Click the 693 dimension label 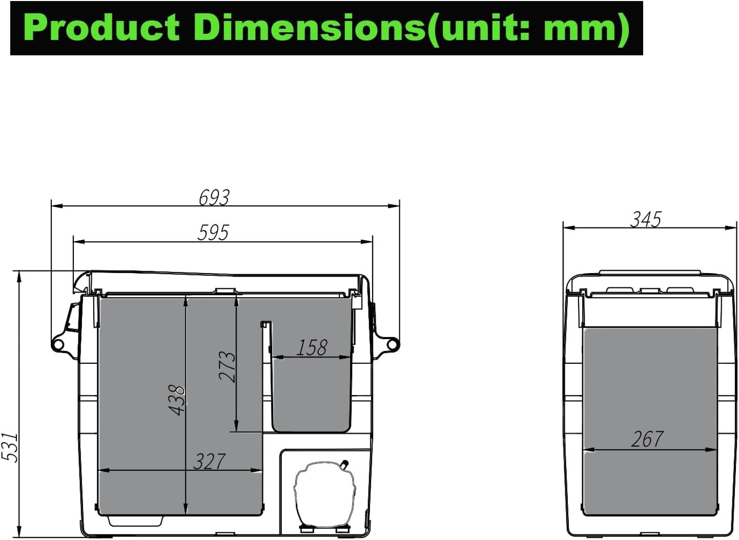(x=214, y=198)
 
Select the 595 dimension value (x=213, y=233)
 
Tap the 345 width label (x=646, y=219)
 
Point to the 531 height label (x=9, y=447)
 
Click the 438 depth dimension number (x=176, y=400)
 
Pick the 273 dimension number (x=228, y=366)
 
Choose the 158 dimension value (x=312, y=348)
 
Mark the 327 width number (x=210, y=462)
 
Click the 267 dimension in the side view (x=647, y=439)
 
